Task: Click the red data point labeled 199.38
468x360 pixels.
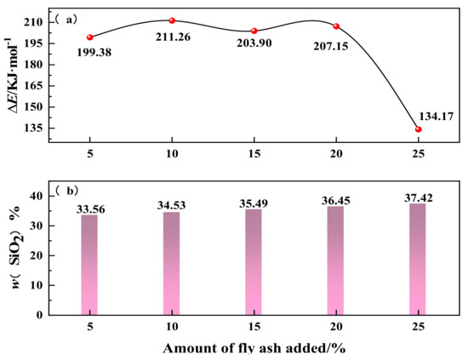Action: [89, 37]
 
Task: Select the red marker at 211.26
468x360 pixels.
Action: [172, 20]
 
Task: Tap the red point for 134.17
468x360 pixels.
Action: [418, 129]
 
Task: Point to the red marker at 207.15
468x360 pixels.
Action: [336, 26]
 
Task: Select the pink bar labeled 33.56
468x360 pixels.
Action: [89, 264]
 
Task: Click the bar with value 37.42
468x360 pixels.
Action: [418, 258]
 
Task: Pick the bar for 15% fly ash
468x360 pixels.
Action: [254, 261]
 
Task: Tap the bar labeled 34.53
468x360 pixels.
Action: [172, 263]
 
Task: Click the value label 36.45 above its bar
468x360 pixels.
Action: [335, 200]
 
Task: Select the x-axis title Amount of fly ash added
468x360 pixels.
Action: [254, 348]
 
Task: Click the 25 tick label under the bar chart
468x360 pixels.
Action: [418, 327]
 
